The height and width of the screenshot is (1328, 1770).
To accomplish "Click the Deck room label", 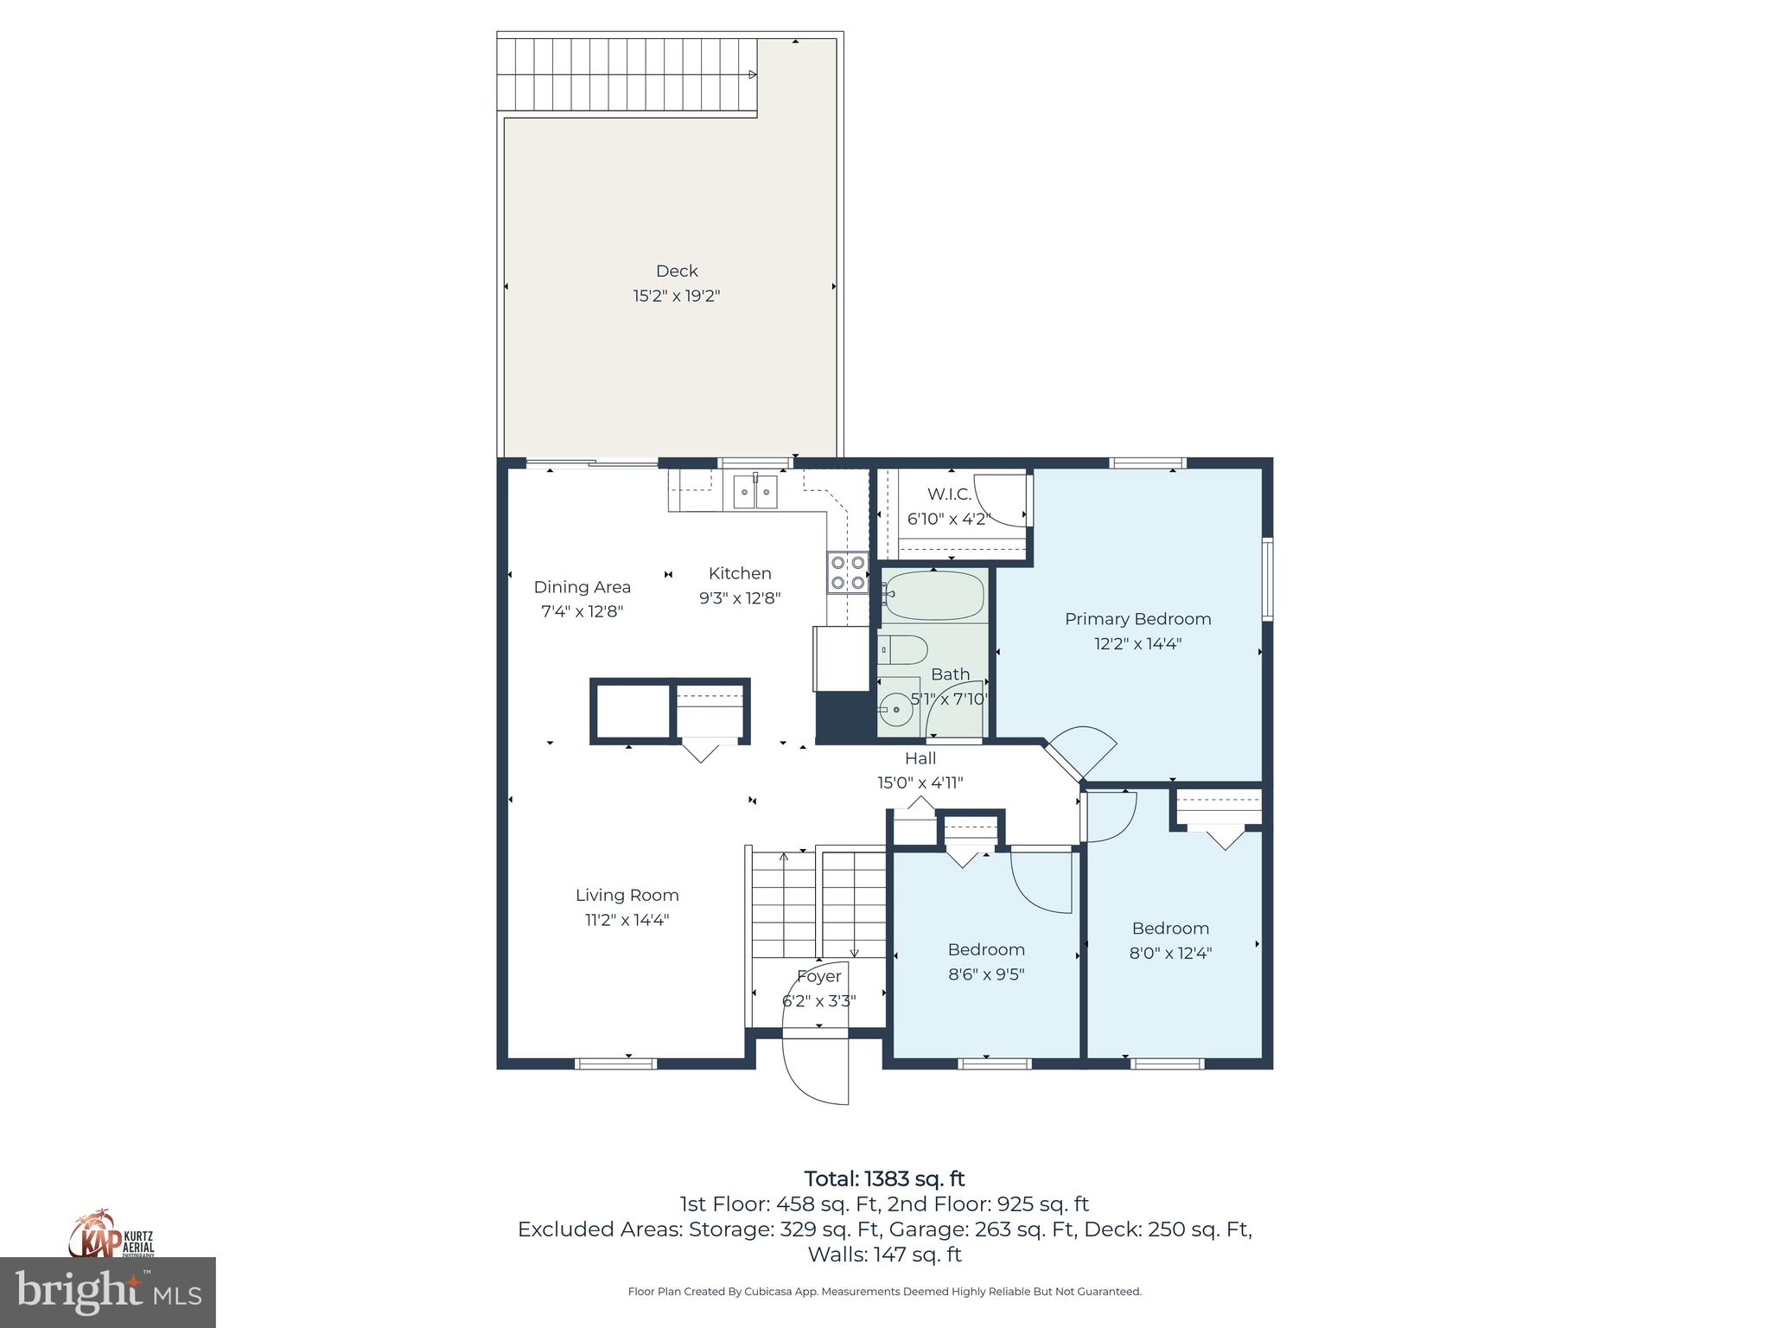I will pyautogui.click(x=677, y=271).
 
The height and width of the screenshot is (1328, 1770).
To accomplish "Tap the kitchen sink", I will pyautogui.click(x=755, y=492).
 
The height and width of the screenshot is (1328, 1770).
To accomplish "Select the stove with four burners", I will pyautogui.click(x=847, y=572).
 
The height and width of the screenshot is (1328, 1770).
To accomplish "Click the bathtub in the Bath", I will pyautogui.click(x=934, y=596).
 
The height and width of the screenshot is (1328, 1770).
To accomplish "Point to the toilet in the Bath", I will pyautogui.click(x=903, y=649).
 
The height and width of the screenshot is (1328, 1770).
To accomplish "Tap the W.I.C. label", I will pyautogui.click(x=949, y=495).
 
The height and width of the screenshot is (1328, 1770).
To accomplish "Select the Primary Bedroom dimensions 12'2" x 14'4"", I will pyautogui.click(x=1137, y=643).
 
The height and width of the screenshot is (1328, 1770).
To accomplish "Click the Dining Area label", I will pyautogui.click(x=582, y=587).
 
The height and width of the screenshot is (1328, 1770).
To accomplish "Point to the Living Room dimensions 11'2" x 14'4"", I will pyautogui.click(x=627, y=920).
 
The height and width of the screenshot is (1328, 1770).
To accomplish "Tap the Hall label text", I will pyautogui.click(x=920, y=758).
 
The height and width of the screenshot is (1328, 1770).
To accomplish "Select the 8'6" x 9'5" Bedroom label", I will pyautogui.click(x=986, y=961).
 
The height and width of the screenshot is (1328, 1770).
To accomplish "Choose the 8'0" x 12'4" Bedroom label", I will pyautogui.click(x=1170, y=941).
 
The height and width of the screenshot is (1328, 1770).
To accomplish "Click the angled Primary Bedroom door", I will pyautogui.click(x=1080, y=752).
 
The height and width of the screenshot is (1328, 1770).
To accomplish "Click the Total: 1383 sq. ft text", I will pyautogui.click(x=884, y=1178).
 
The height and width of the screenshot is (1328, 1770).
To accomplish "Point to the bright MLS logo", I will pyautogui.click(x=107, y=1293).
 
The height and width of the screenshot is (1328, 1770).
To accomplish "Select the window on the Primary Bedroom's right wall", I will pyautogui.click(x=1267, y=579).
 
